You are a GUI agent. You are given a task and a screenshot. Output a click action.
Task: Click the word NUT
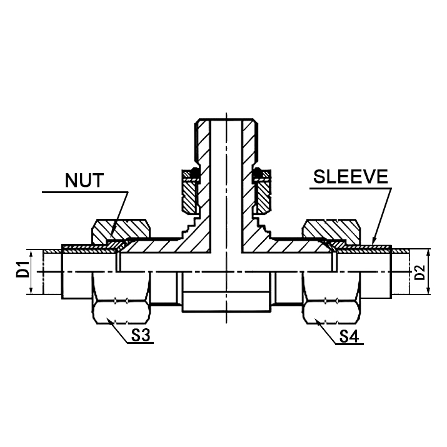click(x=86, y=182)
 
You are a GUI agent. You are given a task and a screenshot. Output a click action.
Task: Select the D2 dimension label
click(x=420, y=272)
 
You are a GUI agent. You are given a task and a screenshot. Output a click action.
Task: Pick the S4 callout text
click(x=350, y=338)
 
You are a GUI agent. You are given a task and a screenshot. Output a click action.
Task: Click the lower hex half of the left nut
click(x=123, y=299)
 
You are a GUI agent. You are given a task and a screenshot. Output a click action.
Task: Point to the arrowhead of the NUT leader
click(x=111, y=240)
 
